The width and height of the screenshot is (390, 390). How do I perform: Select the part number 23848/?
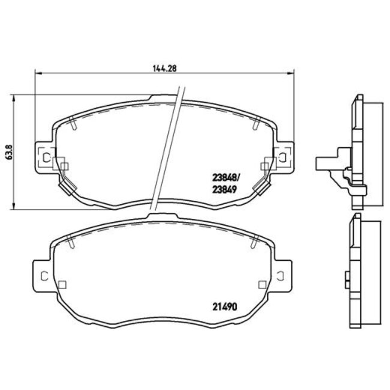click(x=226, y=177)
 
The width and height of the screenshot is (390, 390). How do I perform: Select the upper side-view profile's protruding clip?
click(x=328, y=161)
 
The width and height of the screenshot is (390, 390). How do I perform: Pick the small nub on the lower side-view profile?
click(x=347, y=277)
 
